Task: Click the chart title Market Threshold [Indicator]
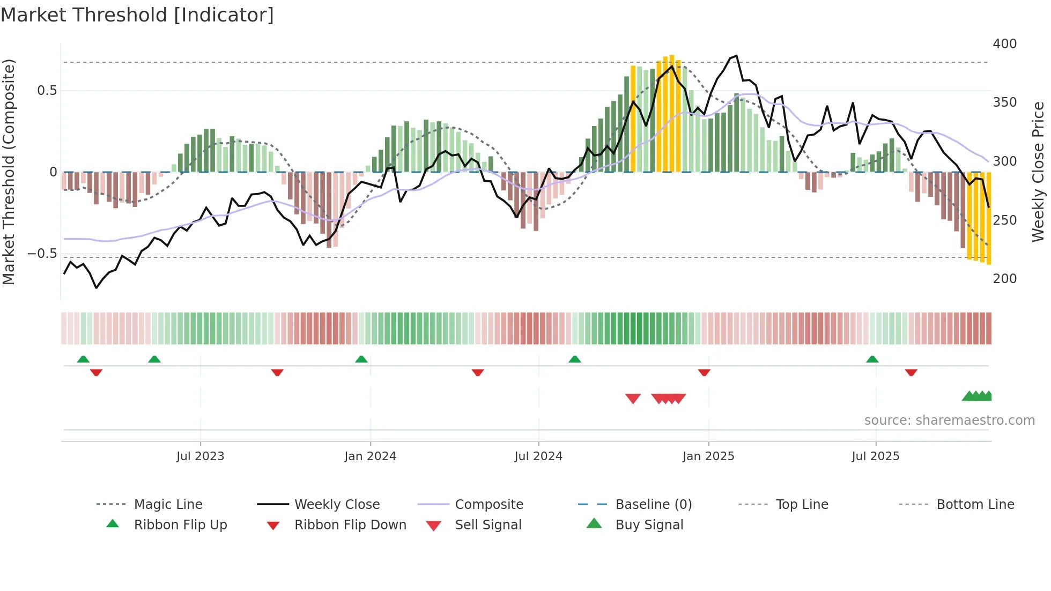[137, 15]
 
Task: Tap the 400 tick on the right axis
[1004, 44]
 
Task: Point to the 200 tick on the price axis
[1004, 279]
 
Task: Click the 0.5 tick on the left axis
[47, 91]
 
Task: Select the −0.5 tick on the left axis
[42, 254]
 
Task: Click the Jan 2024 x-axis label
[370, 456]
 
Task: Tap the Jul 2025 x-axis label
[875, 456]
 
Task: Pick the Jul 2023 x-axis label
[200, 456]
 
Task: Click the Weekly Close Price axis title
[1038, 172]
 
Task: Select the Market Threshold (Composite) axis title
[9, 172]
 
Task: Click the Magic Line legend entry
[168, 505]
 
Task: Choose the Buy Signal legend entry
[649, 525]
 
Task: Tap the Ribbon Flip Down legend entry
[350, 525]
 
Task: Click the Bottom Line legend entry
[975, 505]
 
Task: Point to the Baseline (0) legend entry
[653, 505]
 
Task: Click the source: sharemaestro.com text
[949, 420]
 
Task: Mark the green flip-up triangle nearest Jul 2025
[872, 359]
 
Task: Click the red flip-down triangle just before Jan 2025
[704, 372]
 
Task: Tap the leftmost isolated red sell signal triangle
[633, 398]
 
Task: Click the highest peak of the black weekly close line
[736, 56]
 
